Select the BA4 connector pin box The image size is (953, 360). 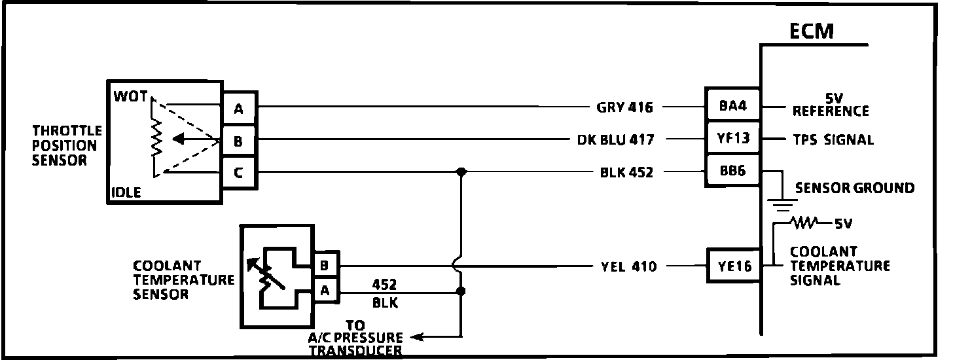pyautogui.click(x=732, y=105)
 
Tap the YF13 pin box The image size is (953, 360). pyautogui.click(x=732, y=139)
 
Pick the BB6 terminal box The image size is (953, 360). pyautogui.click(x=732, y=172)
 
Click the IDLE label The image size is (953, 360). pyautogui.click(x=126, y=193)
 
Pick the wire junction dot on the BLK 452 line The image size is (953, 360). pyautogui.click(x=461, y=172)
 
